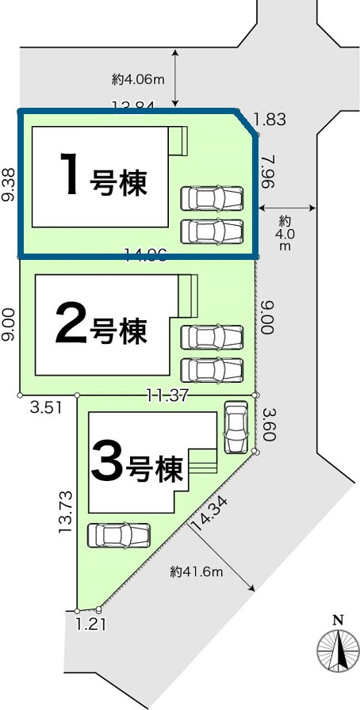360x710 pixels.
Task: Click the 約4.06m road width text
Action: tap(138, 78)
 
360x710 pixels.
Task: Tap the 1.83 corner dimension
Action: tap(270, 120)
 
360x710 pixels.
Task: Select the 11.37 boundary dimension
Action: tap(167, 395)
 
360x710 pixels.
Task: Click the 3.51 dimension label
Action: tap(45, 409)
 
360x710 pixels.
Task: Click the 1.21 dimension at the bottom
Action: tap(90, 624)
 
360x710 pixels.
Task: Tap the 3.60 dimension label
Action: tap(268, 424)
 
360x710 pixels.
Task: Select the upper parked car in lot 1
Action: tap(212, 197)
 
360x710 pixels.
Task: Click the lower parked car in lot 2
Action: tap(212, 370)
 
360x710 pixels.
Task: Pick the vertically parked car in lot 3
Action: tap(236, 427)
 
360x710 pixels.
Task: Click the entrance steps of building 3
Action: tap(202, 464)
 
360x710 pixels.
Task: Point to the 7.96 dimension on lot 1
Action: tap(268, 170)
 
